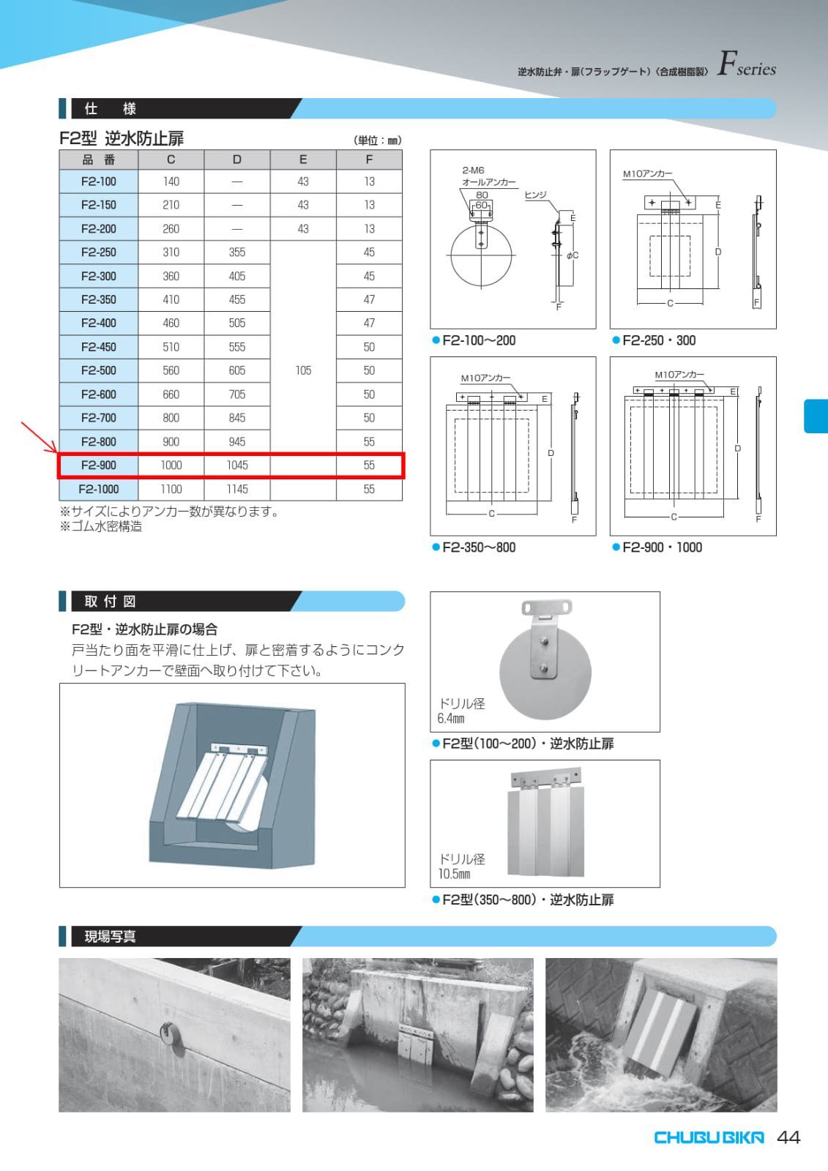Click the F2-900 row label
tap(98, 465)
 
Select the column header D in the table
tap(236, 160)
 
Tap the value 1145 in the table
tap(236, 489)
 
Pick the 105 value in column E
tap(303, 370)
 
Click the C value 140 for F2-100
tap(171, 182)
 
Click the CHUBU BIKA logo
tap(708, 1137)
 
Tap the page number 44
tap(788, 1137)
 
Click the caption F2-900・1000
tap(661, 547)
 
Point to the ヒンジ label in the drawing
tap(535, 195)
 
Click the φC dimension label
tap(572, 255)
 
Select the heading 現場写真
tap(110, 937)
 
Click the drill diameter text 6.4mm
tap(450, 719)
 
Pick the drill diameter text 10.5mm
tap(454, 875)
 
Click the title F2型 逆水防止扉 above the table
tap(122, 138)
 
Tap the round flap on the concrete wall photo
tap(171, 1036)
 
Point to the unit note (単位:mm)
tap(377, 141)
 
